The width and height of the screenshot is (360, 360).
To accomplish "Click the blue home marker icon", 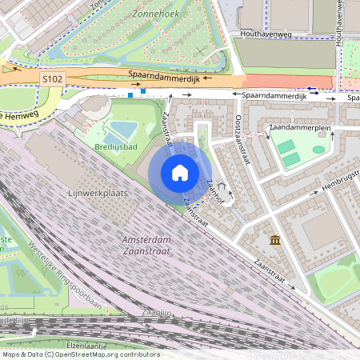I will tap(179, 173).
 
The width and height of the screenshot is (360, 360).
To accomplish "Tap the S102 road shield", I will tap(52, 77).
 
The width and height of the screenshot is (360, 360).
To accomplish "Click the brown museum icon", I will tap(275, 240).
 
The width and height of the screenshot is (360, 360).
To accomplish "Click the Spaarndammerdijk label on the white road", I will tap(275, 95).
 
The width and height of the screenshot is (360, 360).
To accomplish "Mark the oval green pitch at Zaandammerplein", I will tap(318, 150).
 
